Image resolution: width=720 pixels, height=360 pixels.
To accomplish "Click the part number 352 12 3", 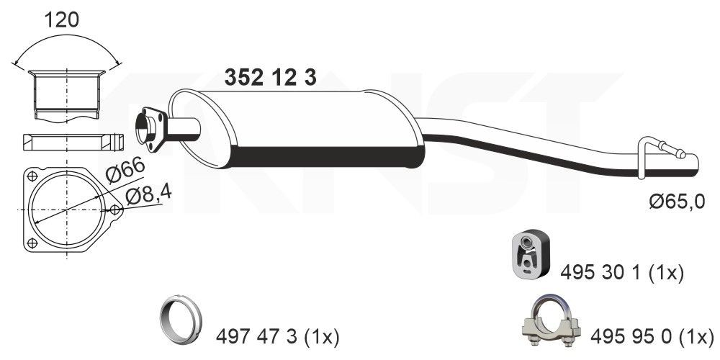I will tap(271, 77).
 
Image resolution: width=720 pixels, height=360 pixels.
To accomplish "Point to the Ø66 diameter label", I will tap(125, 171).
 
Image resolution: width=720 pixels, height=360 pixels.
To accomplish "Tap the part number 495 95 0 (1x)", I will tap(652, 335).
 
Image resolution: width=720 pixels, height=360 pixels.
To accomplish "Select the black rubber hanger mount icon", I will tap(529, 255).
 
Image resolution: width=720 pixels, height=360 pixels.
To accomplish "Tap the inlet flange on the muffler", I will tap(150, 128).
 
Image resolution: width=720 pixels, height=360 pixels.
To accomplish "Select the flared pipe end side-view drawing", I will tap(66, 94).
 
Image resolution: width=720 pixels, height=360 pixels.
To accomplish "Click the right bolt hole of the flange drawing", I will tap(115, 210).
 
